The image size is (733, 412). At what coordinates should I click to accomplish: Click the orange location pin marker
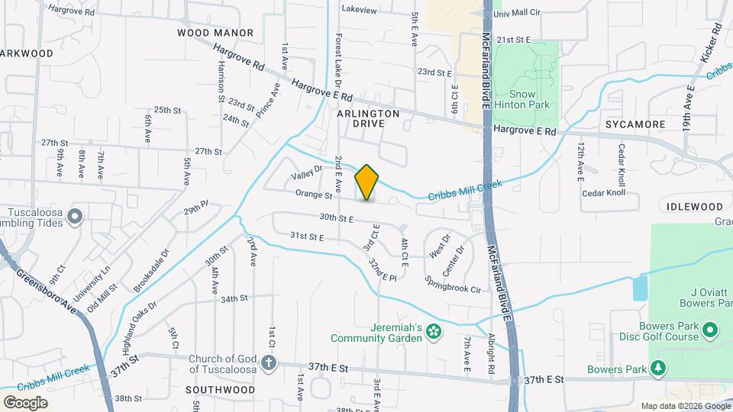pyautogui.click(x=367, y=182)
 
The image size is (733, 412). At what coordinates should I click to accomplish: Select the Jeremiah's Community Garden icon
pyautogui.click(x=434, y=330)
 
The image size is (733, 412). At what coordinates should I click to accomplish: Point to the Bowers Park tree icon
pyautogui.click(x=657, y=369)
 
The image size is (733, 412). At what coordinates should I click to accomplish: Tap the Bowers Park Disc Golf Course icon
pyautogui.click(x=709, y=330)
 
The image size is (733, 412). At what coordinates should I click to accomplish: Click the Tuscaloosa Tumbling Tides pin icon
pyautogui.click(x=75, y=217)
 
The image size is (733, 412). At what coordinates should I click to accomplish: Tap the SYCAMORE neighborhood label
pyautogui.click(x=635, y=124)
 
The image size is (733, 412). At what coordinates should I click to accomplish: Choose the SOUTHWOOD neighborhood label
pyautogui.click(x=221, y=389)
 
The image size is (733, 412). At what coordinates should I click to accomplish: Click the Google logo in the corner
pyautogui.click(x=26, y=402)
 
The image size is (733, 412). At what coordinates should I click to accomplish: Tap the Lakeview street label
pyautogui.click(x=360, y=10)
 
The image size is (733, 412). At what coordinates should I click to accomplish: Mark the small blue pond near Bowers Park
pyautogui.click(x=640, y=288)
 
